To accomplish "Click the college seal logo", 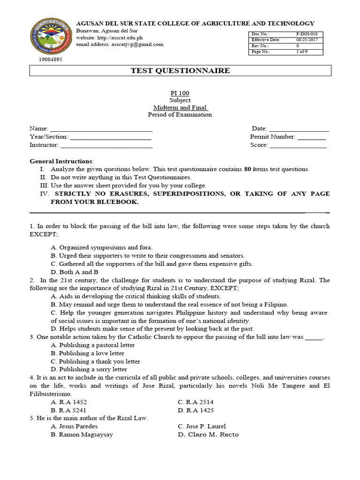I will [x=51, y=37].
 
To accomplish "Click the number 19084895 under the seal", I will [x=51, y=60].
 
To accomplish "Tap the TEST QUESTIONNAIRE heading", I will [x=180, y=71].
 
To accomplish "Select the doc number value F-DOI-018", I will [x=307, y=34].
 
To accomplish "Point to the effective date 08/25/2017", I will [x=307, y=40].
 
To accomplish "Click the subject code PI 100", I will [x=180, y=93].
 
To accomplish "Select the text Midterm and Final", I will [x=180, y=107].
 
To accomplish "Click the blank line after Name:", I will [x=101, y=129].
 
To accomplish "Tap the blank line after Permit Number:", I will [x=312, y=137].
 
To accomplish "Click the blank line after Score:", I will [x=298, y=146].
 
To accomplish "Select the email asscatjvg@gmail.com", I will [x=137, y=44].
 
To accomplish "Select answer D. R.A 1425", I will [x=196, y=410].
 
